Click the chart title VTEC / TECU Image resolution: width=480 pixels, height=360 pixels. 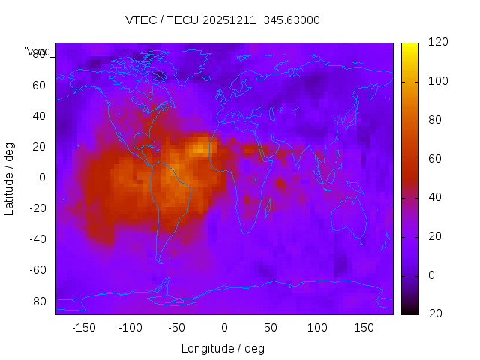[222, 20]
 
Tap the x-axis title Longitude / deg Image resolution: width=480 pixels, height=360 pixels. [223, 348]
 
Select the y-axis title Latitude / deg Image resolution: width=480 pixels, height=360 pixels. [10, 177]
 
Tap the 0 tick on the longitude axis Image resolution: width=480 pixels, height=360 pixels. [223, 328]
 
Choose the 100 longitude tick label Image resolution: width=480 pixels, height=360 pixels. [317, 328]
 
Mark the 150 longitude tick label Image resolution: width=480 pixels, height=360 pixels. [364, 328]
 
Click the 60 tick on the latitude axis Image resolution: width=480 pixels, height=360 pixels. [39, 85]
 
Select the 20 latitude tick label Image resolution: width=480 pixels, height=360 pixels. [39, 146]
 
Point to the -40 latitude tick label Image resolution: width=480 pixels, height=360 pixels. [37, 239]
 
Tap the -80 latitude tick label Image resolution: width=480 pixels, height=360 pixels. [37, 301]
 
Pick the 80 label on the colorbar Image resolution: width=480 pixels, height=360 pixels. [434, 120]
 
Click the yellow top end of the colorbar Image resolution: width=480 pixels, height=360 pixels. [409, 46]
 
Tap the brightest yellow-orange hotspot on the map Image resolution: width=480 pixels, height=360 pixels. [200, 148]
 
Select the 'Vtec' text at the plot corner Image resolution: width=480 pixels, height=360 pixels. [37, 52]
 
